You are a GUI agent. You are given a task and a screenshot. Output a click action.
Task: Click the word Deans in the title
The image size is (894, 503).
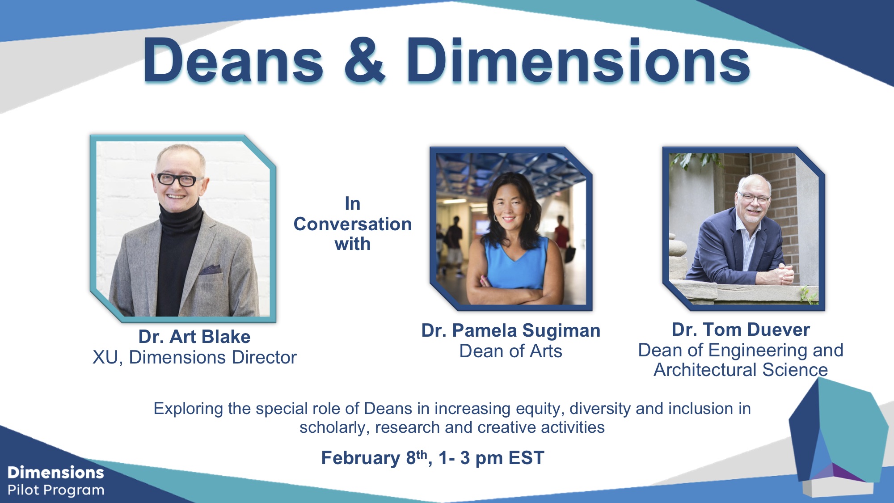233,60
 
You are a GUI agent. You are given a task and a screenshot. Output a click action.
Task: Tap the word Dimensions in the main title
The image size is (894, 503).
578,60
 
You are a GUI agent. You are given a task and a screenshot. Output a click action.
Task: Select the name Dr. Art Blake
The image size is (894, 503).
194,337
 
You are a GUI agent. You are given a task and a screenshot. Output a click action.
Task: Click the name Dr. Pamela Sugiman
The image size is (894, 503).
511,331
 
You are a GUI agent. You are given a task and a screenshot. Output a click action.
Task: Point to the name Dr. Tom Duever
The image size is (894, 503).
741,330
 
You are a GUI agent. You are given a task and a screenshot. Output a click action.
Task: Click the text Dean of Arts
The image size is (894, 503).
511,351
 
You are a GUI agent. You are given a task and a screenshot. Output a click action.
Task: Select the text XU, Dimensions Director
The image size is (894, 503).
194,358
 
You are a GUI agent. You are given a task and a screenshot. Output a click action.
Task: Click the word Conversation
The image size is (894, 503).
353,224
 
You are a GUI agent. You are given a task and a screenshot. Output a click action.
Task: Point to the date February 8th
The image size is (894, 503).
375,458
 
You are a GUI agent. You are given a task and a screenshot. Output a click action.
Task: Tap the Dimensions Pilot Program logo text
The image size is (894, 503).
56,481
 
